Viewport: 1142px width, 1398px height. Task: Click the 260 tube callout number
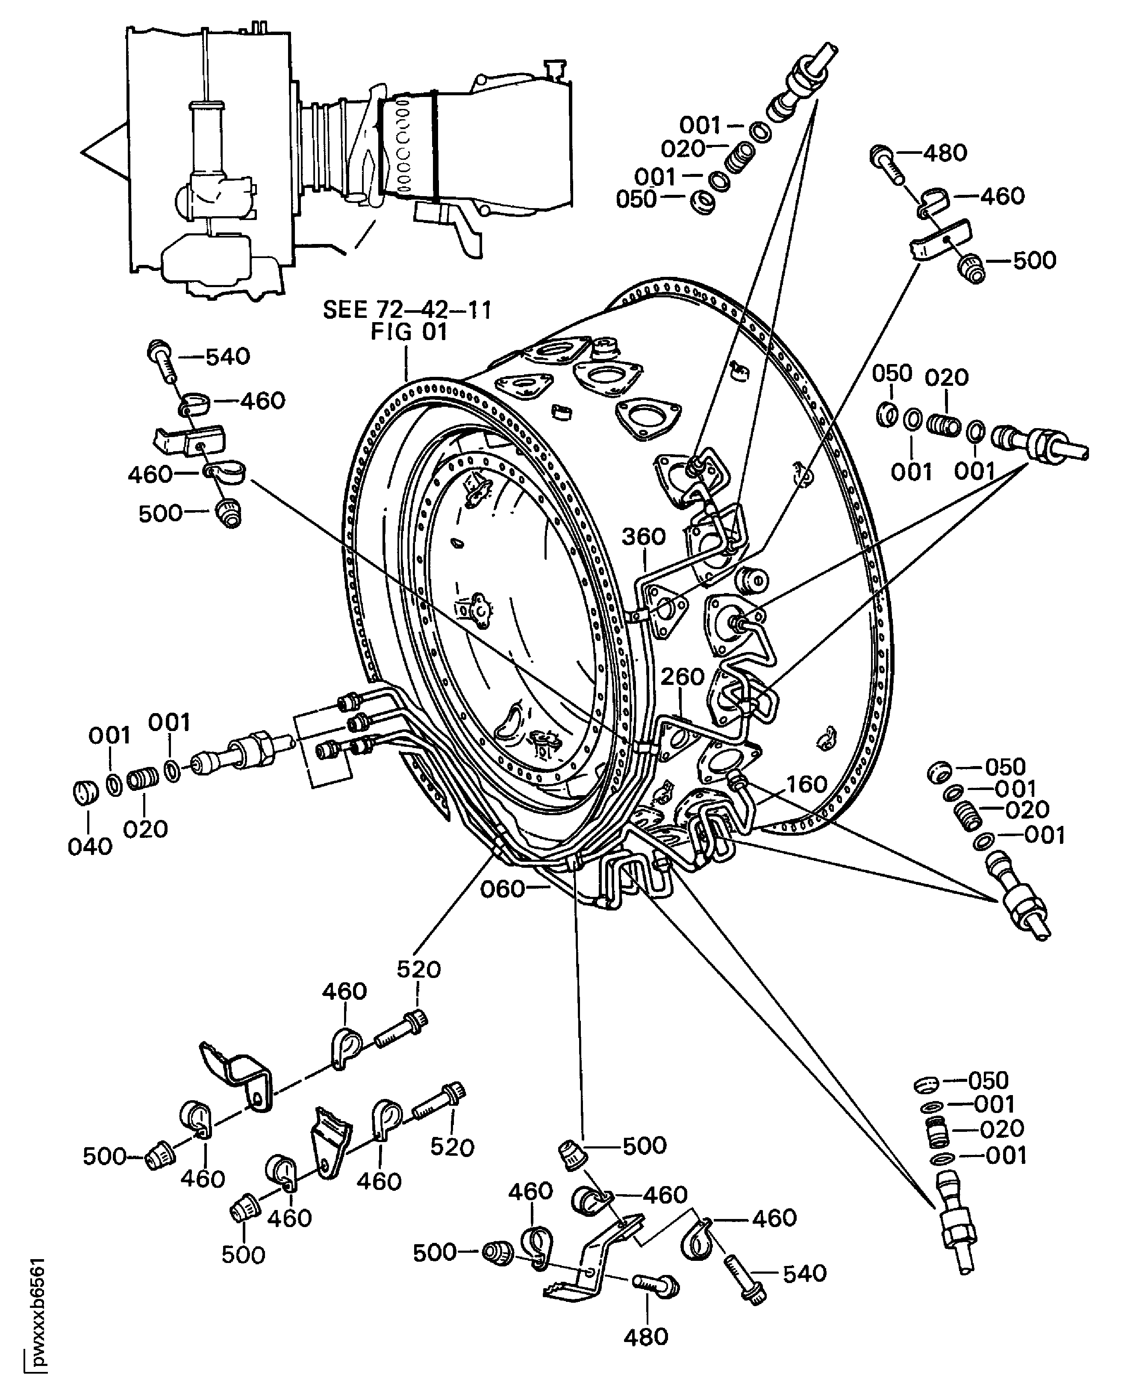tap(682, 677)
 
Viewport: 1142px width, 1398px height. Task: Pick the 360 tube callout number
tap(644, 537)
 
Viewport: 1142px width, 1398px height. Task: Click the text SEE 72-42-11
tap(407, 310)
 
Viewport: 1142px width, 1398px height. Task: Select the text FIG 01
tap(409, 332)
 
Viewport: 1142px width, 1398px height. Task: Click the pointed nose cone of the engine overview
tap(99, 152)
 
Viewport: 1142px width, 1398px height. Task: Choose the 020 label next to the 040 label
tap(145, 829)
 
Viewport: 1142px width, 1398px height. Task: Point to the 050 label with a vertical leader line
tap(892, 373)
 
